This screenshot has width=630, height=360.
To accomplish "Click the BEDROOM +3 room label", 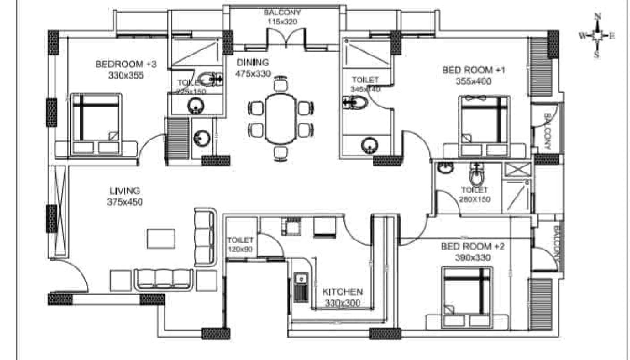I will pyautogui.click(x=126, y=64).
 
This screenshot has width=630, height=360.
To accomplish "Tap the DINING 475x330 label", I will pyautogui.click(x=253, y=68).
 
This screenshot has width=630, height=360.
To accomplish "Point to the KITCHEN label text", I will pyautogui.click(x=342, y=292).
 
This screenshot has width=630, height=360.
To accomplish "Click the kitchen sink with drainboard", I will pyautogui.click(x=301, y=287).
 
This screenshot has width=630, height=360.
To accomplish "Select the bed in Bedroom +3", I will pyautogui.click(x=96, y=124).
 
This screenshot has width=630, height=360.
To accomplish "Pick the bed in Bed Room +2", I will pyautogui.click(x=467, y=297).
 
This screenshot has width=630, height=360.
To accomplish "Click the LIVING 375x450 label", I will pyautogui.click(x=125, y=196).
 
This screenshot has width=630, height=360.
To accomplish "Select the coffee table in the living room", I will pyautogui.click(x=161, y=239).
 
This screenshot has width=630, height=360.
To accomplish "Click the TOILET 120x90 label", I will pyautogui.click(x=240, y=245).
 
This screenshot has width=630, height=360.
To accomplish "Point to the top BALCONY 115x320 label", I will pyautogui.click(x=282, y=17).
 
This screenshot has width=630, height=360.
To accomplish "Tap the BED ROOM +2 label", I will pyautogui.click(x=472, y=247).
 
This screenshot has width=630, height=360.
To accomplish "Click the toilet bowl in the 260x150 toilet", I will pyautogui.click(x=476, y=177).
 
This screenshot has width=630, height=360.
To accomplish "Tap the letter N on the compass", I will pyautogui.click(x=598, y=16).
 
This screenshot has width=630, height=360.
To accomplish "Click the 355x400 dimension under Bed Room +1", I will pyautogui.click(x=473, y=81).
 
